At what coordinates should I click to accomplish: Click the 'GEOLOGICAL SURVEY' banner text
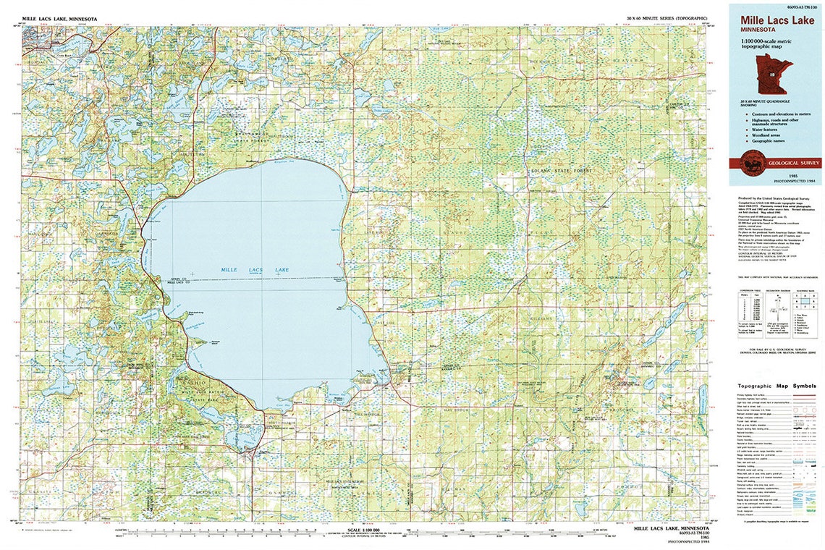tap(785, 164)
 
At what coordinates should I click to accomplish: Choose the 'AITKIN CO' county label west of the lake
tap(177, 278)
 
